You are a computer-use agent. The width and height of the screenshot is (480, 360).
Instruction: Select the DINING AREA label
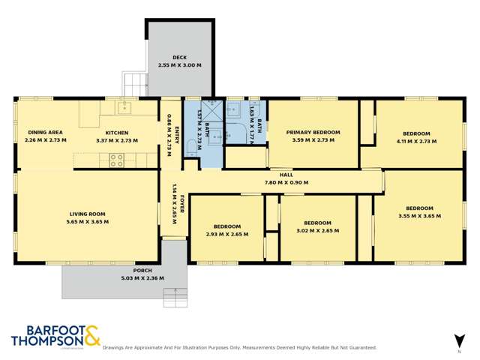pos(45,132)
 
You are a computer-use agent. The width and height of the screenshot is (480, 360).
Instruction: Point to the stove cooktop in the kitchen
pos(117,159)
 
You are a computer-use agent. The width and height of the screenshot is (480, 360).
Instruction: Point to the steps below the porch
pos(175,298)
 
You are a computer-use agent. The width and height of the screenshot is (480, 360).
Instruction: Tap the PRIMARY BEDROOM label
pos(313,132)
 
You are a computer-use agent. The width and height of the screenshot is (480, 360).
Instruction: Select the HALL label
pos(286,175)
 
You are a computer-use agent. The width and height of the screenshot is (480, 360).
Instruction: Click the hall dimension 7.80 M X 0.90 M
pos(286,182)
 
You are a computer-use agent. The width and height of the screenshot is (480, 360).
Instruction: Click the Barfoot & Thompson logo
pos(55,336)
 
